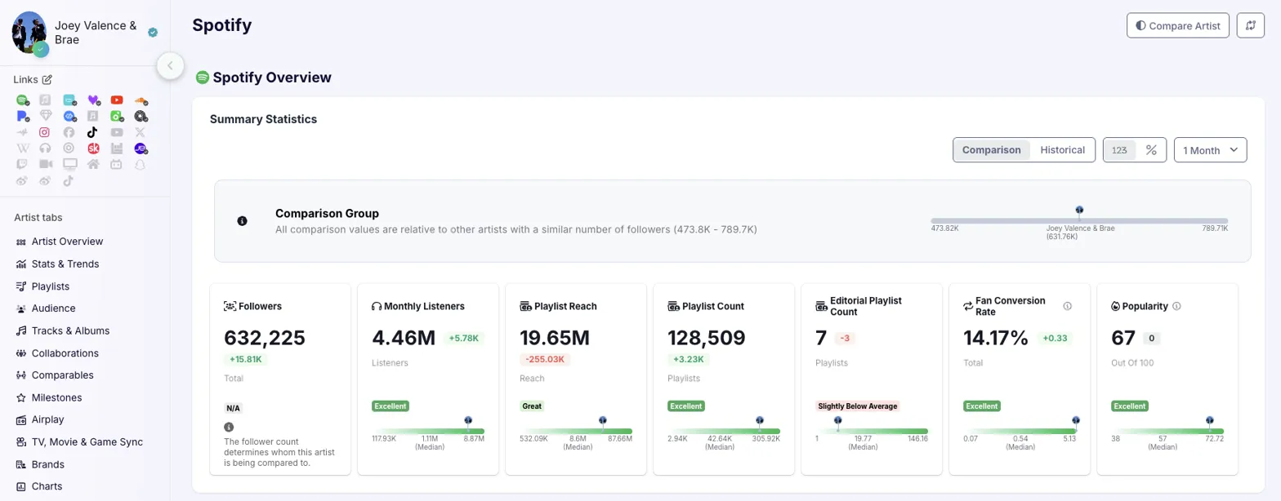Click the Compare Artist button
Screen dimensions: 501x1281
1177,26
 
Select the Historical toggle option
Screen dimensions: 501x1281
1062,150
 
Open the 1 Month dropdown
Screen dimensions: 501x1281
1210,150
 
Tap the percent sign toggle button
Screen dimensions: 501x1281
1151,150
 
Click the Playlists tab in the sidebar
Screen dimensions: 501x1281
51,286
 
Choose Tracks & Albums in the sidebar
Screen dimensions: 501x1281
70,331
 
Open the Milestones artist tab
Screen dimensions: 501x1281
56,398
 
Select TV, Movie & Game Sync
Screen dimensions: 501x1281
87,442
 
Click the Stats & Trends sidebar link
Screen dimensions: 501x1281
65,264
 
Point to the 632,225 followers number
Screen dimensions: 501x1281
265,337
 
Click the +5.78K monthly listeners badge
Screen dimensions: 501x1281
462,338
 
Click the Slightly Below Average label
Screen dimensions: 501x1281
856,406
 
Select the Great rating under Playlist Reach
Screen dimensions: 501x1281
533,406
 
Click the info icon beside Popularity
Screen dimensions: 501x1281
1176,307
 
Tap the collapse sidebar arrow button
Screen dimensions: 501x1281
170,65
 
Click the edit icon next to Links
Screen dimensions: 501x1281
47,79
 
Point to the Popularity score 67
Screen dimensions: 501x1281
1123,337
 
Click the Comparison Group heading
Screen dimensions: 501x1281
327,214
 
